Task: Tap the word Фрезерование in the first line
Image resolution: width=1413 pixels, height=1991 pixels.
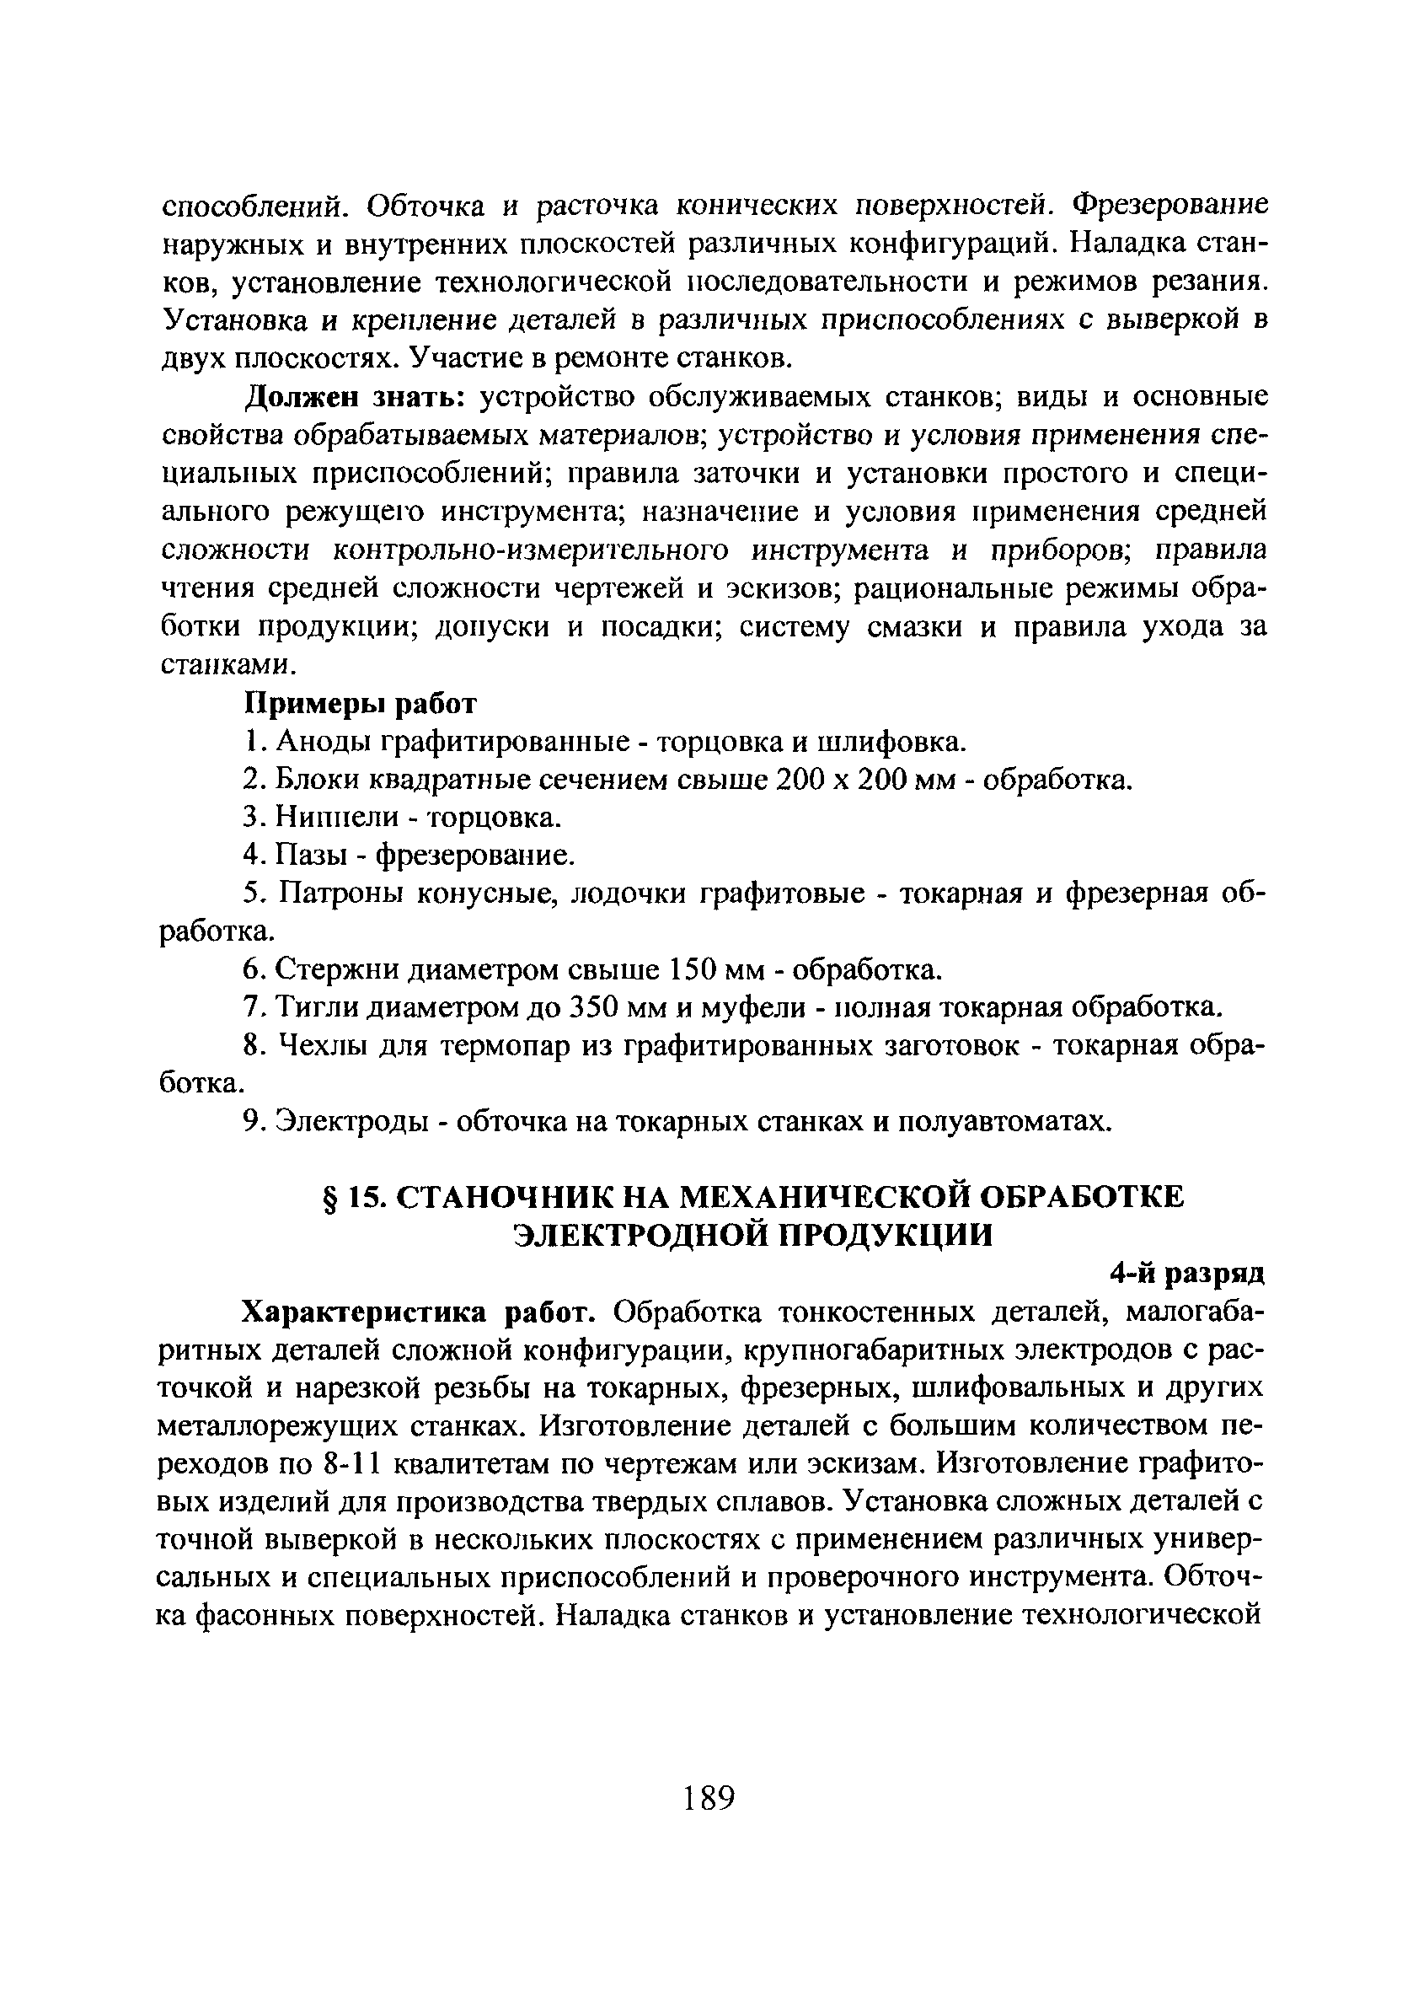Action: click(x=1170, y=206)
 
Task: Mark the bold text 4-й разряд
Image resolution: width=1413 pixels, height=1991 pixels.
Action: click(x=1187, y=1274)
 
